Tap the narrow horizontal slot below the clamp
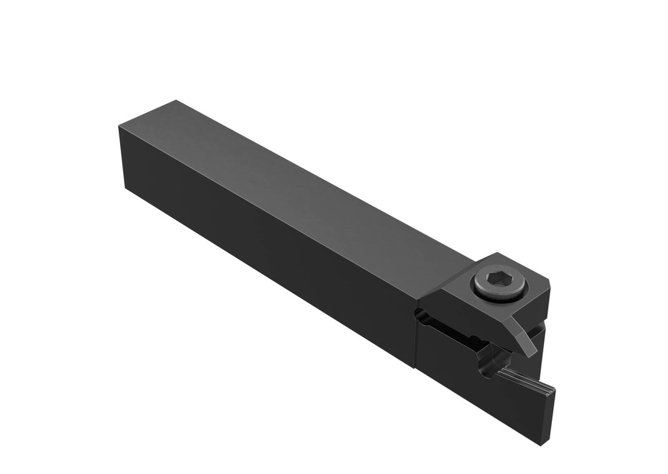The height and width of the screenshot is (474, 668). [457, 332]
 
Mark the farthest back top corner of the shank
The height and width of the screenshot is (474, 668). [175, 101]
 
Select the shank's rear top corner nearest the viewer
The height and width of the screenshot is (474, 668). [119, 126]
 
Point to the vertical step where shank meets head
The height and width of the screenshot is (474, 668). [416, 333]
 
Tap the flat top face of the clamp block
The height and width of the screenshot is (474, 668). [522, 274]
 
